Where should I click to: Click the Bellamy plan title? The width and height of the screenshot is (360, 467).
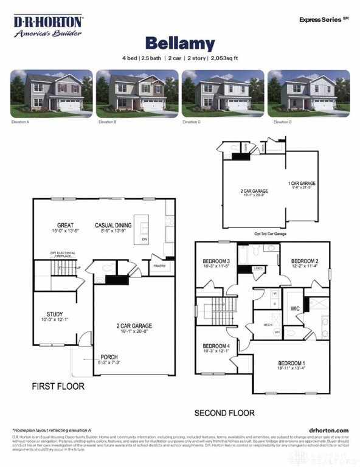click(x=179, y=43)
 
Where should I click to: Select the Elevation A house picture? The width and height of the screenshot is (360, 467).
click(x=51, y=93)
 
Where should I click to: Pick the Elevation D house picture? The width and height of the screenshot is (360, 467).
click(x=309, y=93)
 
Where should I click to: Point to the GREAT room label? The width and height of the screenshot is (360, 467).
click(x=65, y=225)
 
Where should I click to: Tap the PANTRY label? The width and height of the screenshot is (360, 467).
click(x=161, y=266)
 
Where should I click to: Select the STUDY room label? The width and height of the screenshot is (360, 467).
click(x=55, y=314)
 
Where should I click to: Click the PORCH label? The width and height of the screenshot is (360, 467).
click(x=109, y=357)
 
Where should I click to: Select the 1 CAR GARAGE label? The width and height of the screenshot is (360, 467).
click(x=301, y=183)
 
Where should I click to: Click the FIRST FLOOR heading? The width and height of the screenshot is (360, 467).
click(x=58, y=386)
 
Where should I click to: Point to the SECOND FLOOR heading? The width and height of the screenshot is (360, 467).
click(x=224, y=413)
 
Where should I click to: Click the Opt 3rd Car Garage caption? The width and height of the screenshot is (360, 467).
click(x=270, y=233)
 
